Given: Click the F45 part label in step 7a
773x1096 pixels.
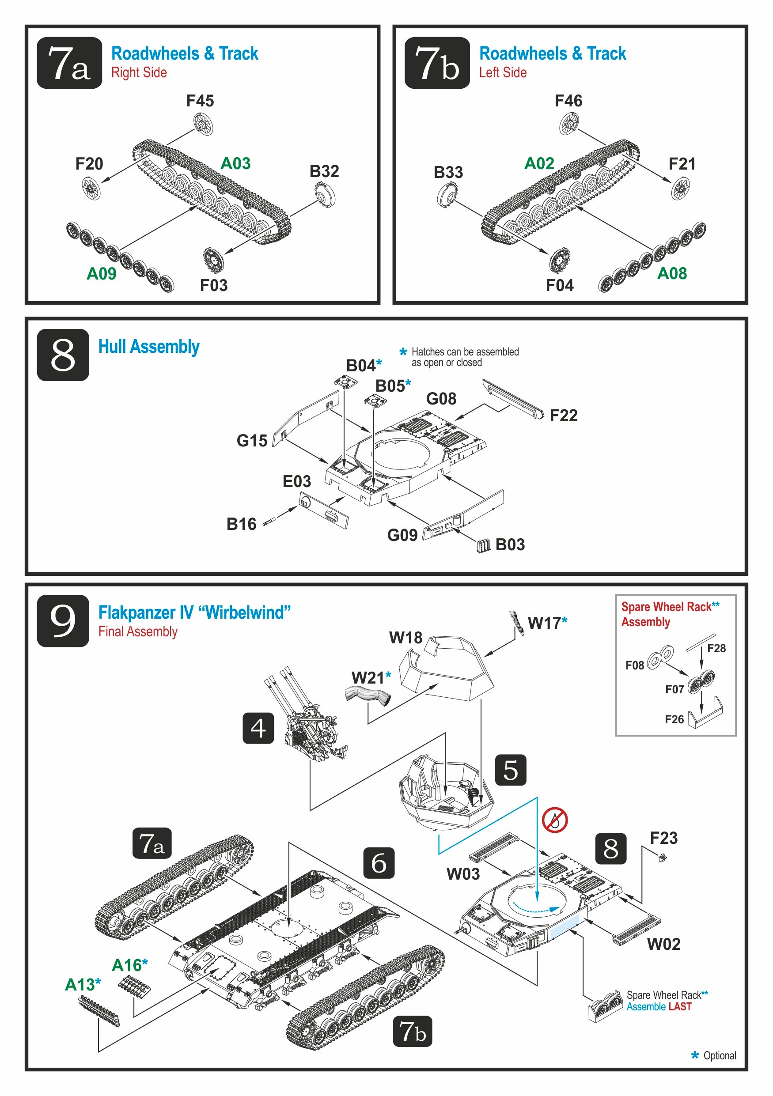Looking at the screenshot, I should pos(200,101).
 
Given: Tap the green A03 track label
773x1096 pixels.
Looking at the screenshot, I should pos(235,163).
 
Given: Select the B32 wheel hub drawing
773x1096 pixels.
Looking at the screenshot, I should pos(325,195).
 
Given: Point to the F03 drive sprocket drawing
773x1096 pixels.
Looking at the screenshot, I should pos(212,259).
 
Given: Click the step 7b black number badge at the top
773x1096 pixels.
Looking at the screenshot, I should pos(437,63).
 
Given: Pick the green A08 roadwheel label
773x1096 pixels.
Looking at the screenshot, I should pos(672,273).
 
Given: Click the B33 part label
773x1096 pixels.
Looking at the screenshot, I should pos(448,172).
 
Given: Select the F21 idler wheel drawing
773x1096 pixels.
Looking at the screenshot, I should pos(680,188).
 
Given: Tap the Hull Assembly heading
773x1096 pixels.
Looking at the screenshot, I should pos(148,347).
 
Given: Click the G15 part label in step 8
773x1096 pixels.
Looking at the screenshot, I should pos(252,440).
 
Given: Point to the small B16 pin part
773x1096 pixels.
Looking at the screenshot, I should pos(270,521).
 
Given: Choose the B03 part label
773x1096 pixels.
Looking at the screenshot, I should pos(510,544).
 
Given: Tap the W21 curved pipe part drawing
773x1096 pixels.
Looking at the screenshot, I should pos(368,694).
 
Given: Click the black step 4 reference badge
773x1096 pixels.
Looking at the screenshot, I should pos(258,728).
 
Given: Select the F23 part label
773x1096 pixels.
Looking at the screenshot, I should pos(663,838).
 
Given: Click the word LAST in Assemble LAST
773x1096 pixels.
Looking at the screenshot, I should pos(679,1007).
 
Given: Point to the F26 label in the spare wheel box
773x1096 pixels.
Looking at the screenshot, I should pos(674,719).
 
